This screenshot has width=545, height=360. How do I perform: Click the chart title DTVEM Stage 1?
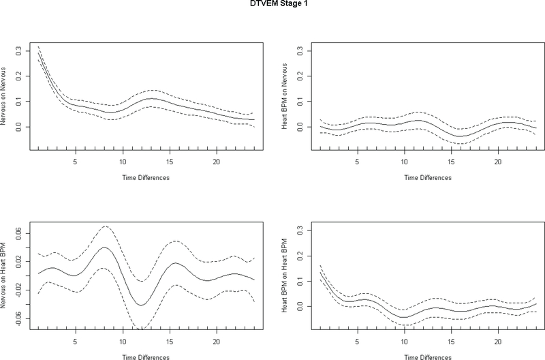272,5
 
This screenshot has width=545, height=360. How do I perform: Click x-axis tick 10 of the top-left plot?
123,162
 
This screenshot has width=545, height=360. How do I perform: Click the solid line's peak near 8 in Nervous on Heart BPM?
104,247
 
